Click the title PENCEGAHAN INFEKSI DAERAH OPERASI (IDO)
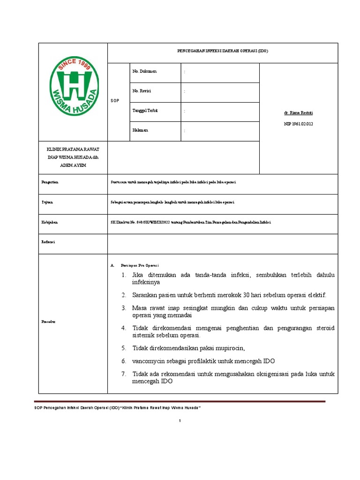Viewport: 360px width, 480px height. click(223, 51)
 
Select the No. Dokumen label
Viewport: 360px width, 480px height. click(144, 71)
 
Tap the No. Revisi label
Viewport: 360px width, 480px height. click(142, 90)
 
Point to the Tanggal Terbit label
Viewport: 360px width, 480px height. click(145, 110)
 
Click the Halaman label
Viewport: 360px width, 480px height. click(140, 130)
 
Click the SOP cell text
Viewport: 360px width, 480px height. click(115, 101)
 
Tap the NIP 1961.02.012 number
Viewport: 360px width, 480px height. click(298, 124)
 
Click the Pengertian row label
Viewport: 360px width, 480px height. click(50, 182)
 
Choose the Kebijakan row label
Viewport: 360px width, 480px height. click(49, 222)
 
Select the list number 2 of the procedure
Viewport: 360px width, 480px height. click(124, 295)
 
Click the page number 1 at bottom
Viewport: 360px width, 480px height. click(180, 421)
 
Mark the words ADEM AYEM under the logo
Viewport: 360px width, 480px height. click(73, 165)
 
